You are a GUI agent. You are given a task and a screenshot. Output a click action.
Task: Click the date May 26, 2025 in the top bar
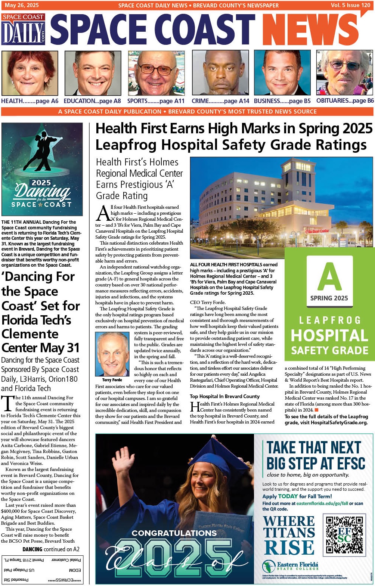point(22,5)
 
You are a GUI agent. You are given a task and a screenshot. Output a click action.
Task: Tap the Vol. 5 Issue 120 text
point(350,5)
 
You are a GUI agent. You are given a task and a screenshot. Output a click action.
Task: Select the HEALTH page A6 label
point(30,101)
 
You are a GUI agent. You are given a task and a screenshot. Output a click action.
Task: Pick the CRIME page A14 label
point(220,101)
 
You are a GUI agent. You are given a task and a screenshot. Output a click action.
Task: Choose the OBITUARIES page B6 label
point(345,100)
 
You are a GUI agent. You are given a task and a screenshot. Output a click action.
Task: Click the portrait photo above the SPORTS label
point(156,73)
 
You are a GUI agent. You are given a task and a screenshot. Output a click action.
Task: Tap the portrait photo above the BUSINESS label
point(282,73)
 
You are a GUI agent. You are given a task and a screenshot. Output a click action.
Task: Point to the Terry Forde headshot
point(112,354)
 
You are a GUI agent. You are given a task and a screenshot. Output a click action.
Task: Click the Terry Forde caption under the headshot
point(112,380)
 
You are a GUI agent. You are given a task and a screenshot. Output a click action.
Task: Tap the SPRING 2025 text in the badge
point(329,298)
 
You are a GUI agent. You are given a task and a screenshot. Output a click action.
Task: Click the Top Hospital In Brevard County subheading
point(224,396)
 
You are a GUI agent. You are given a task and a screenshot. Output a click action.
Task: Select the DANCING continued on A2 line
point(51,549)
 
